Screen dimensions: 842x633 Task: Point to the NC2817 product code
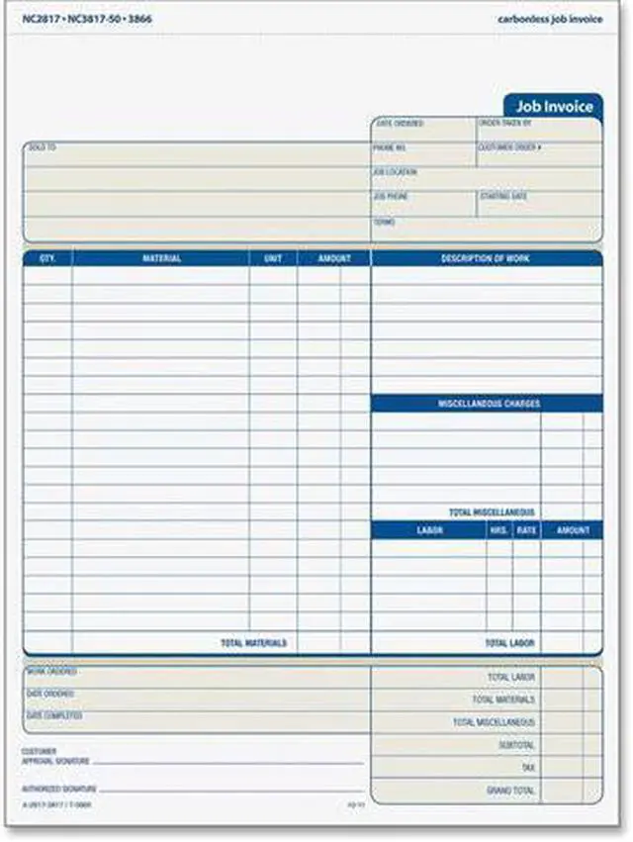click(x=28, y=19)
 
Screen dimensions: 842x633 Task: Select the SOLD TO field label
click(x=42, y=147)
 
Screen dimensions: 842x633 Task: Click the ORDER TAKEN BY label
click(x=505, y=124)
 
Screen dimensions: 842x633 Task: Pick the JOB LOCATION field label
click(x=396, y=172)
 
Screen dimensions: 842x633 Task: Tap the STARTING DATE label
click(x=504, y=197)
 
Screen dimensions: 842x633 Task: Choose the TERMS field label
click(x=384, y=222)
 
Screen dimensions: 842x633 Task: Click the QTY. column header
click(x=47, y=258)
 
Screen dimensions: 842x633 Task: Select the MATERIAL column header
click(x=161, y=258)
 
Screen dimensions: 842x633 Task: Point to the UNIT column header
click(x=273, y=258)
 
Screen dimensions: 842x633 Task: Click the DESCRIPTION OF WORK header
click(x=486, y=258)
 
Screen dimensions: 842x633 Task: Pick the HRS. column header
click(x=498, y=530)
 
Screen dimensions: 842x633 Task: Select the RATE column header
click(x=526, y=530)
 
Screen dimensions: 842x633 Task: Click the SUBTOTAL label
click(x=517, y=745)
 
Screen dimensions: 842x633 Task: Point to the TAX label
click(x=528, y=768)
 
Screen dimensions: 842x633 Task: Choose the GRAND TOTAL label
click(x=510, y=791)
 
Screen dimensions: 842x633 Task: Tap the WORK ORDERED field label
click(x=51, y=671)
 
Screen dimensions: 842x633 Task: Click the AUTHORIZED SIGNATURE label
click(x=60, y=790)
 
